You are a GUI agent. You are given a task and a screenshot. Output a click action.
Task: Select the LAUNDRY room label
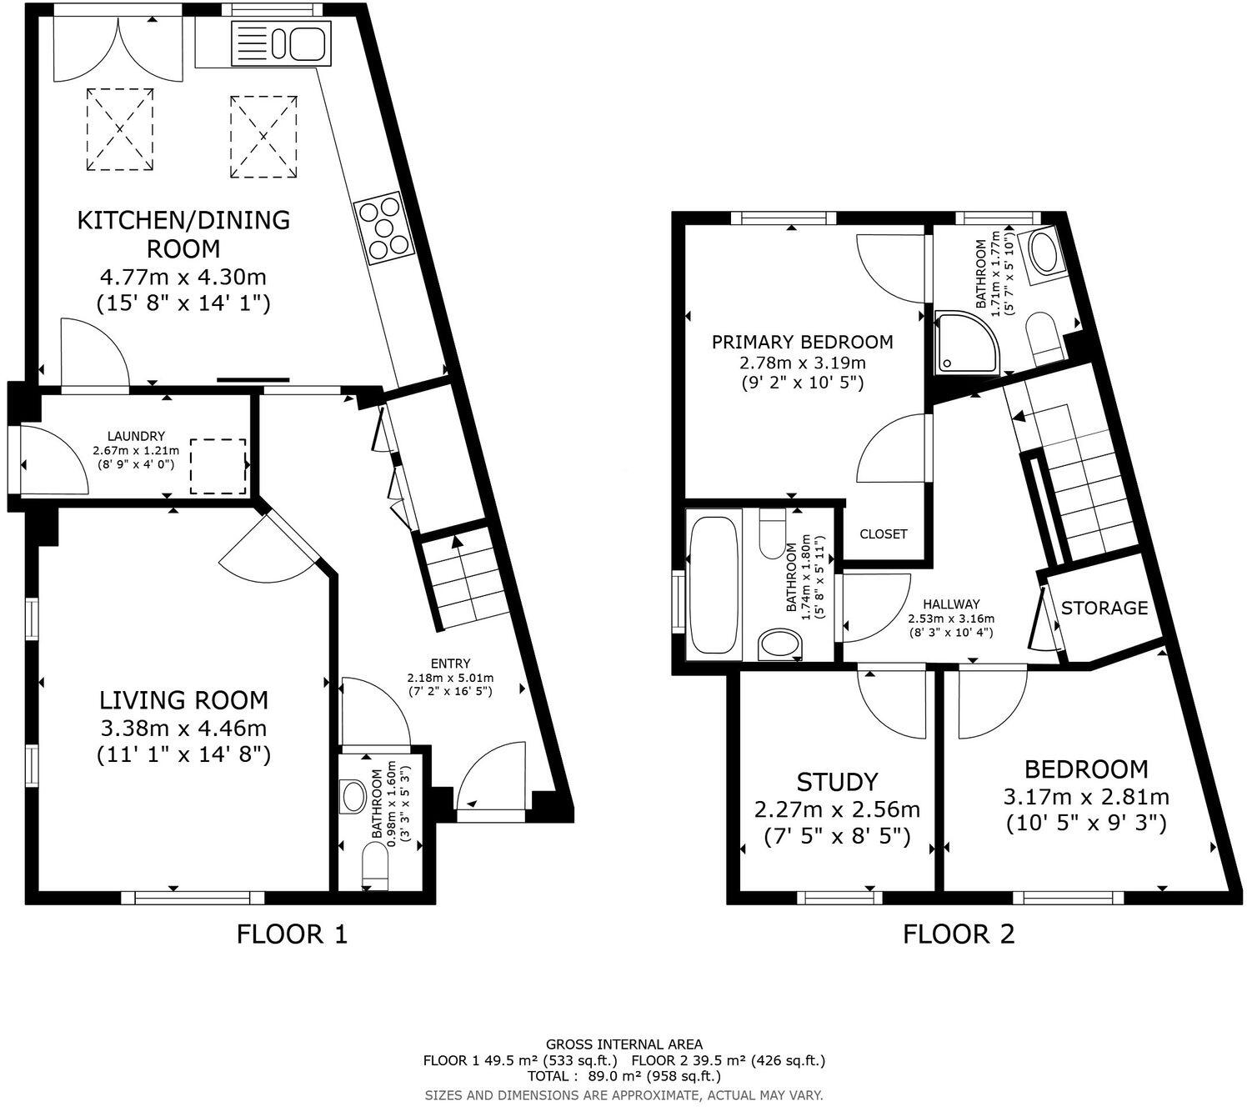(x=136, y=436)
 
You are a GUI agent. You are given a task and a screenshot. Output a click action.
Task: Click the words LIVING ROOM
(x=184, y=699)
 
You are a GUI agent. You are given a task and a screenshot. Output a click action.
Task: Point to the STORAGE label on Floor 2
(x=1104, y=608)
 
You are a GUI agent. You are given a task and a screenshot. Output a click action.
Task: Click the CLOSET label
(x=883, y=533)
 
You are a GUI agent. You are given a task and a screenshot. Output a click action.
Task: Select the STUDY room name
(x=837, y=782)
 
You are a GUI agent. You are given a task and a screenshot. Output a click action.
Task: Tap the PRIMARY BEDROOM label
(x=802, y=342)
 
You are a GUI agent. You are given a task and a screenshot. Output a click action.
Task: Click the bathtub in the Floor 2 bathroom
(x=715, y=584)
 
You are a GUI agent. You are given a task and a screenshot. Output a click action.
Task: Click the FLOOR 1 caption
(x=292, y=934)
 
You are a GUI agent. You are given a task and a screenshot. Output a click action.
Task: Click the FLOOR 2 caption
(x=959, y=934)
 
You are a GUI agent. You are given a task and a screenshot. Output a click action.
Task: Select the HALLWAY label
(x=951, y=604)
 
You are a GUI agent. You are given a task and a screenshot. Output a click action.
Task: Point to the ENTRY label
(x=450, y=664)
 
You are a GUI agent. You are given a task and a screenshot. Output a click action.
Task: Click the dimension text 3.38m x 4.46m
(x=184, y=728)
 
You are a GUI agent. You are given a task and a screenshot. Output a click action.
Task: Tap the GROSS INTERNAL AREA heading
(x=623, y=1044)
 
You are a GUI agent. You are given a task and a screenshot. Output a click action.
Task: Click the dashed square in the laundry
(x=218, y=465)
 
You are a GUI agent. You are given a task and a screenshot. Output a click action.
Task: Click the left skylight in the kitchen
(x=120, y=130)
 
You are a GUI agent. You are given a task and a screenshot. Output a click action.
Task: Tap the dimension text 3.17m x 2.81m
(x=1086, y=796)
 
